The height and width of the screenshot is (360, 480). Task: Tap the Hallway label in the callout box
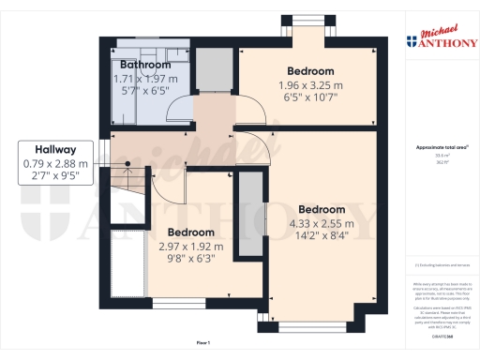[x=55, y=149]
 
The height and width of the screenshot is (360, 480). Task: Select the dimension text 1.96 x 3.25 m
[x=308, y=86]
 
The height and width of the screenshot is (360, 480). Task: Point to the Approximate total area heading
[x=440, y=147]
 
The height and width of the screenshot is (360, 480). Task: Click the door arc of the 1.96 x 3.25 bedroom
[x=249, y=113]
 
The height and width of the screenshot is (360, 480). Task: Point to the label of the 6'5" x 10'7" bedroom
[x=308, y=72]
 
